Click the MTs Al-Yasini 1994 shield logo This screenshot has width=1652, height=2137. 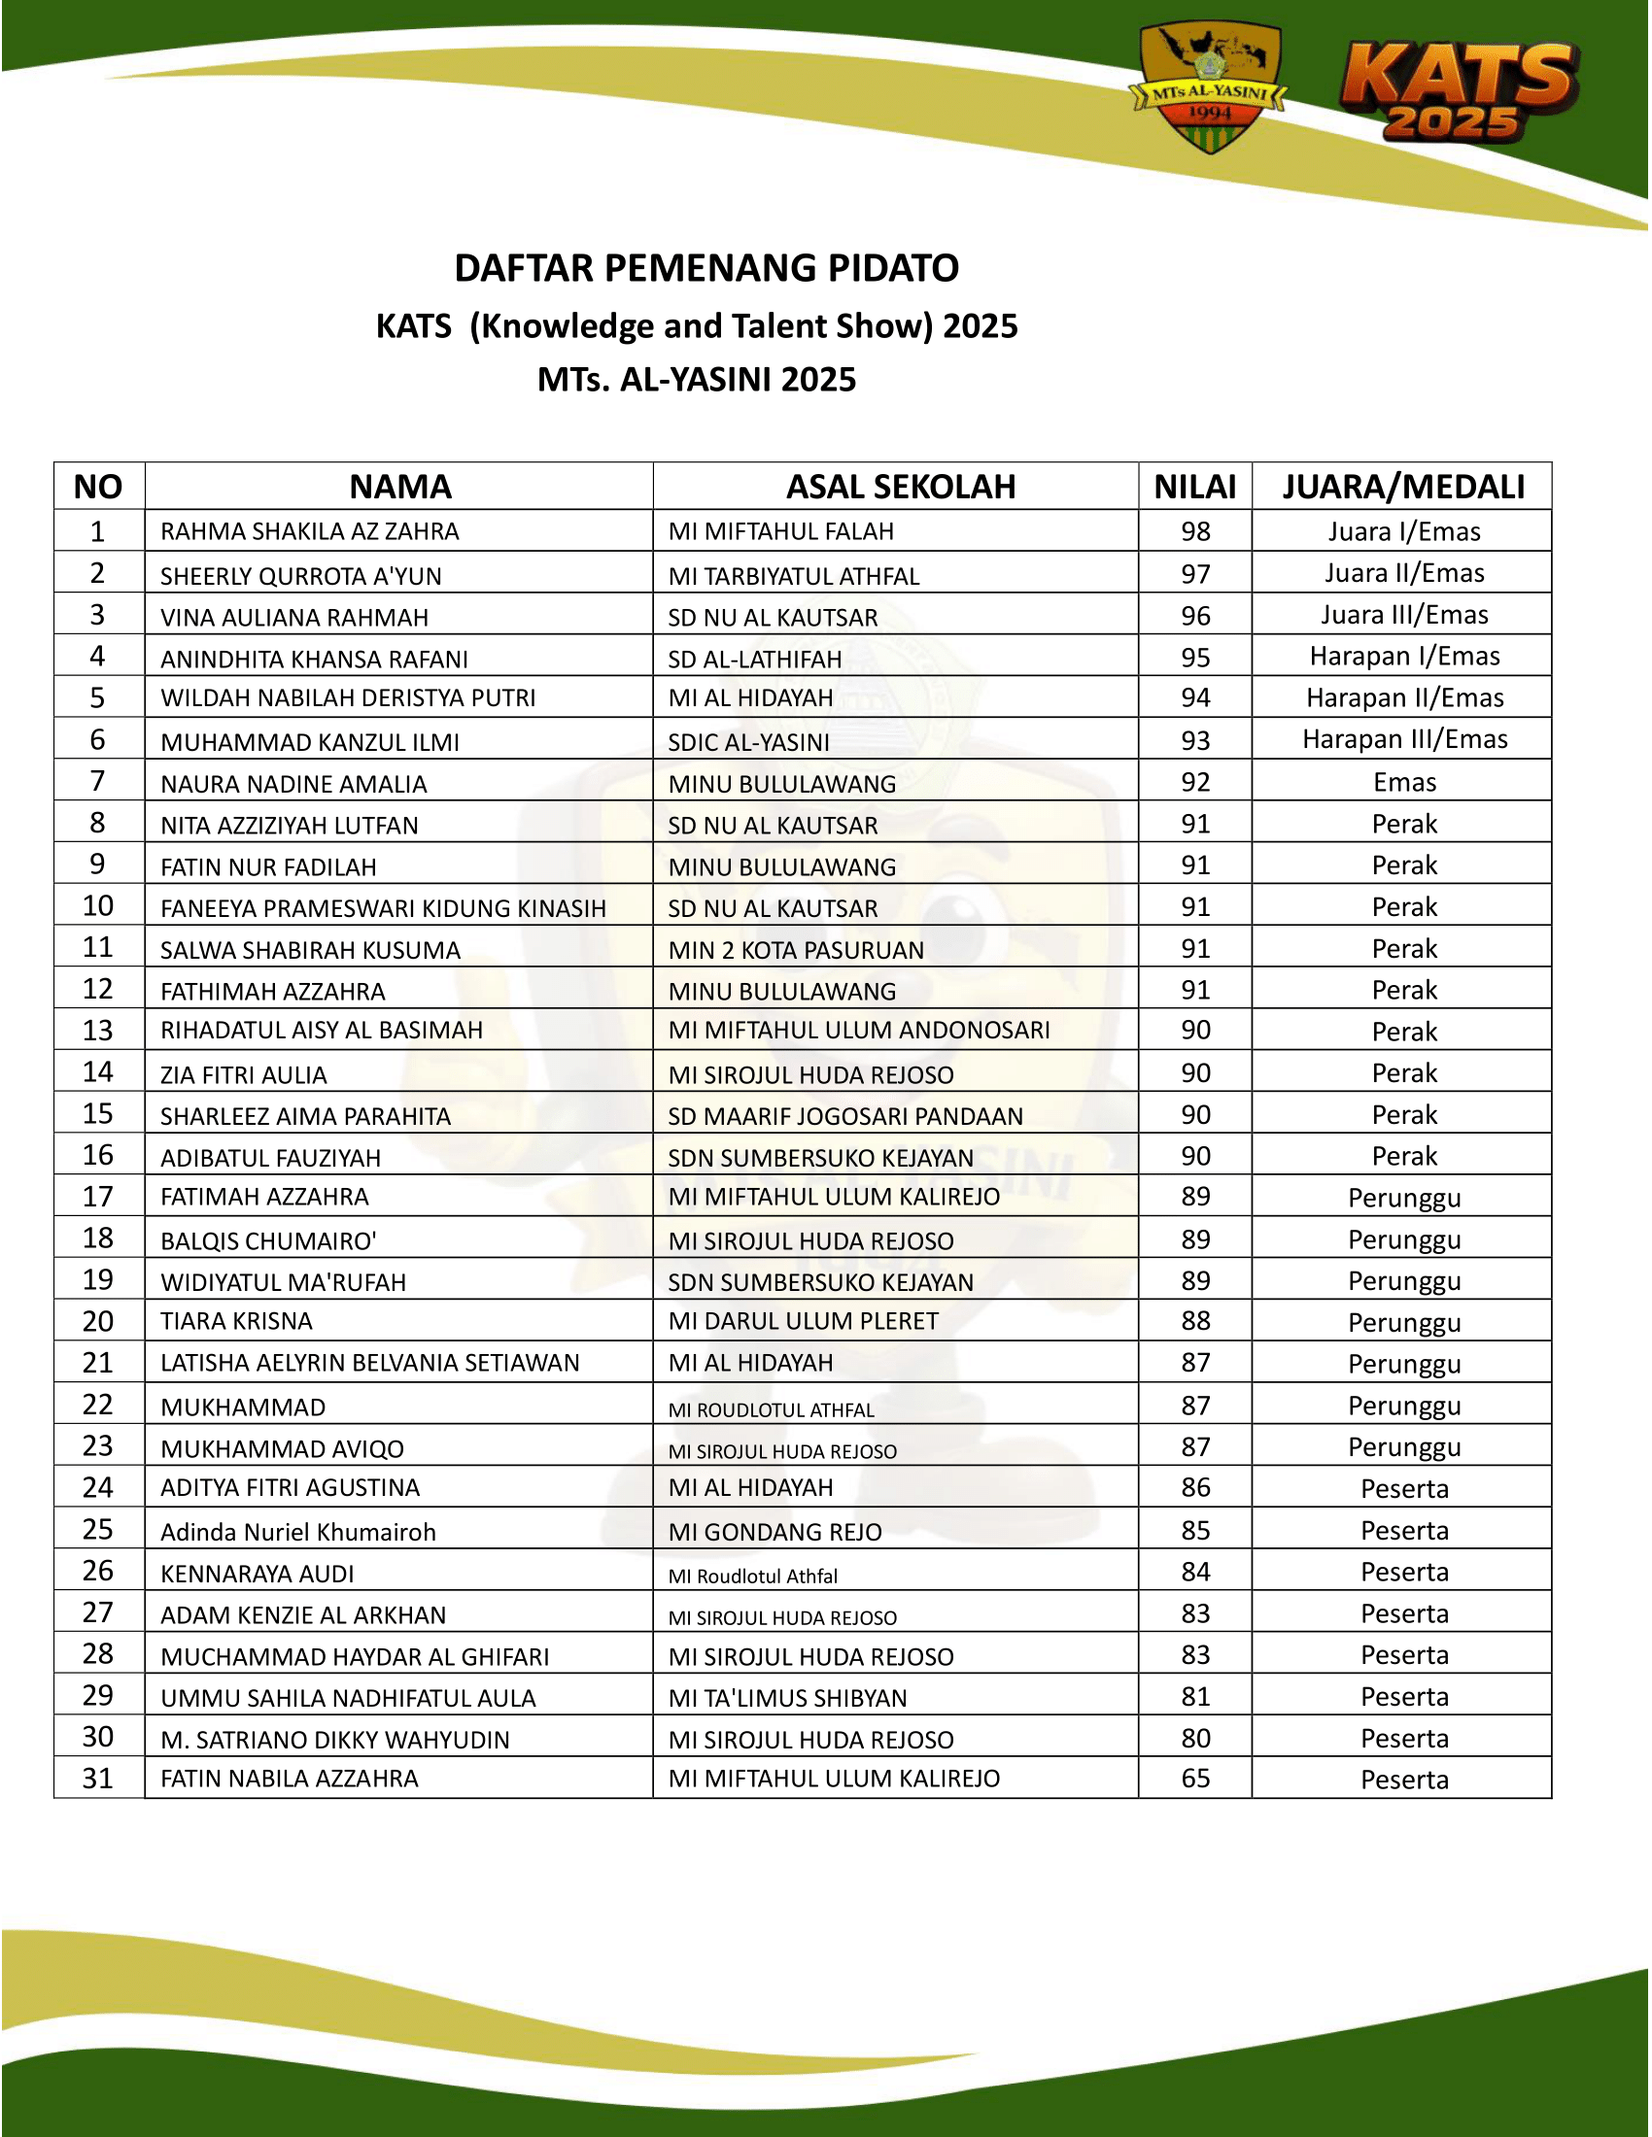tap(1209, 89)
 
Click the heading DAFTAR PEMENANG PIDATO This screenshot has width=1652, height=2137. tap(706, 268)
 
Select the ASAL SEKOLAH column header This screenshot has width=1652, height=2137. tap(901, 487)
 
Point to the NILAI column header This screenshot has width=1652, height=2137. tap(1194, 487)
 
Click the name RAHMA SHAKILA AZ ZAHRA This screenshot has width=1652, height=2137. tap(309, 531)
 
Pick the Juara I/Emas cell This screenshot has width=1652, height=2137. tap(1403, 531)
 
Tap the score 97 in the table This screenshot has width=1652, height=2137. tap(1195, 574)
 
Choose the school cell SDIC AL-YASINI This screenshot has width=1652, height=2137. tap(748, 743)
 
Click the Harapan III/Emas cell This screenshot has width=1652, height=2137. tap(1403, 740)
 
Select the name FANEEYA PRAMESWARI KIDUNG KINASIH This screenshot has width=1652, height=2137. tap(383, 909)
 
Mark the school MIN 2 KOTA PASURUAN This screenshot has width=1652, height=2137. tap(796, 950)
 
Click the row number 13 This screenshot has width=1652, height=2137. tap(98, 1031)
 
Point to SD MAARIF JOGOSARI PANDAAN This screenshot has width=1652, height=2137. tap(844, 1116)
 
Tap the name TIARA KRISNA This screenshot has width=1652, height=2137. tap(236, 1322)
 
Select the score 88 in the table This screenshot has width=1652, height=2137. tap(1195, 1321)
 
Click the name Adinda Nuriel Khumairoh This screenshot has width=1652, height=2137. tap(297, 1532)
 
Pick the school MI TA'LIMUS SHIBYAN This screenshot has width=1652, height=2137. tap(787, 1699)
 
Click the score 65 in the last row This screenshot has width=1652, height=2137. tap(1195, 1779)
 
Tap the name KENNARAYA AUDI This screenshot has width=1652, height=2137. tap(257, 1575)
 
